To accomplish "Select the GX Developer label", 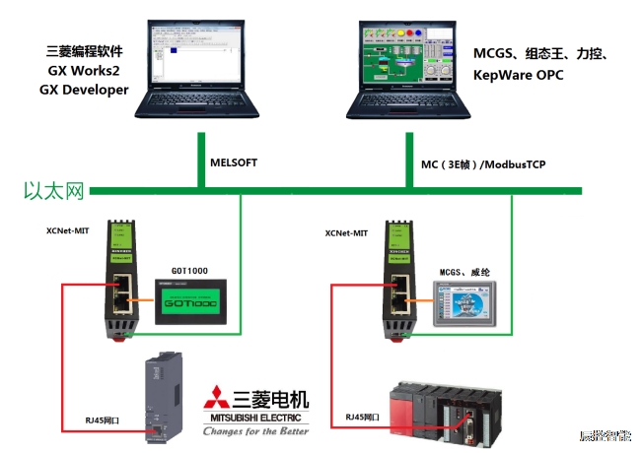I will tap(84, 90).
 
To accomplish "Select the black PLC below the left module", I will tap(161, 393).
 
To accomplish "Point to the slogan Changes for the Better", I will tap(255, 430).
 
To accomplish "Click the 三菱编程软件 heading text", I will tap(85, 50).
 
